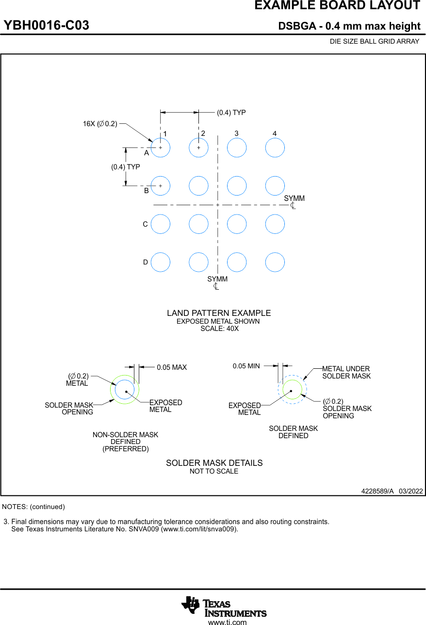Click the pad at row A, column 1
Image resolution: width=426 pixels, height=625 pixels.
[160, 148]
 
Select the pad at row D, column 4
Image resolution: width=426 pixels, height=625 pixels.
[275, 262]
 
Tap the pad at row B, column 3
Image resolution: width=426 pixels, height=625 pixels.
[237, 185]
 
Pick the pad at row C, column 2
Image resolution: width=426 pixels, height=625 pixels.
[198, 224]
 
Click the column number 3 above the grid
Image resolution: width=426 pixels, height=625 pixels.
[236, 133]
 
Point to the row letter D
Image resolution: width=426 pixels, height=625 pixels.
[145, 263]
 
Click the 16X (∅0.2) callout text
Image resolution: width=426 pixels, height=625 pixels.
[100, 124]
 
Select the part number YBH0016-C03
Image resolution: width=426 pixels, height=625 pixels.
[47, 26]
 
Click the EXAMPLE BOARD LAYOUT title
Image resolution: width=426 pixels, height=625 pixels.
[337, 6]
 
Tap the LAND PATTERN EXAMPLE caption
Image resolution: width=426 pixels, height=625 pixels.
[219, 313]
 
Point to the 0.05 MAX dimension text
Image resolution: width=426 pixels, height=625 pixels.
[172, 367]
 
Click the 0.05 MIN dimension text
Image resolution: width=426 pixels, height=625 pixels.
[246, 366]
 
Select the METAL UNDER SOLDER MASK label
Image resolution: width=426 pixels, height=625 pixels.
[346, 372]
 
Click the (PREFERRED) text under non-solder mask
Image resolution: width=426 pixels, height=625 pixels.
[125, 449]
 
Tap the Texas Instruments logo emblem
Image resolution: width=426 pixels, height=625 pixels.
[190, 605]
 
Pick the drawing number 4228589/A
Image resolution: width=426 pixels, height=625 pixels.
[377, 491]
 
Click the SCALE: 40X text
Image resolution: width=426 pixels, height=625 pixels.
[219, 329]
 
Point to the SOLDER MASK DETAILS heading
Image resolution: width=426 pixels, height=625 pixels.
[214, 463]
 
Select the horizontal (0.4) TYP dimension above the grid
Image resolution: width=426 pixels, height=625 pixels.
[231, 113]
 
